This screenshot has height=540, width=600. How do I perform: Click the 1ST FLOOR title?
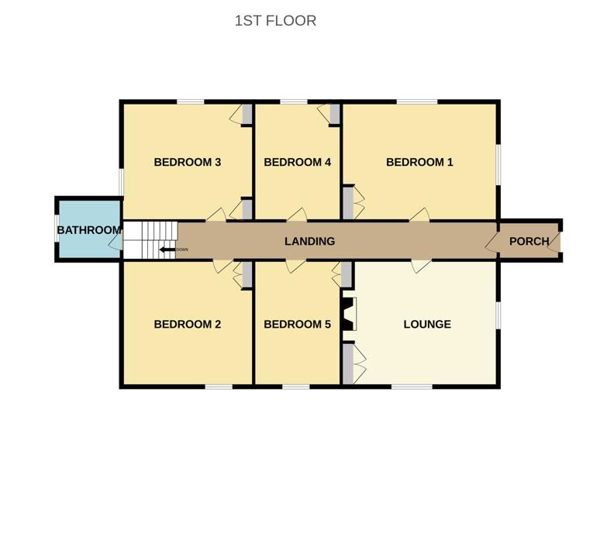275,21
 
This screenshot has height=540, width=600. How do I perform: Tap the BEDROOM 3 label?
188,162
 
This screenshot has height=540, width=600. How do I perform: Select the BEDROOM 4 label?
298,162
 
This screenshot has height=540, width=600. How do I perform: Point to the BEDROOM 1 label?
419,162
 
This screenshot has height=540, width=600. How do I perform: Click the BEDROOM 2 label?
188,325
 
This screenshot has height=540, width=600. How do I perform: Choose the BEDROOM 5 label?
298,325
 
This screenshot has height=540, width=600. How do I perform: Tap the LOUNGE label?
427,325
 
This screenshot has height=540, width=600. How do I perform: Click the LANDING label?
309,241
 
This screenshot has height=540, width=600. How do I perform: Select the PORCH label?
529,241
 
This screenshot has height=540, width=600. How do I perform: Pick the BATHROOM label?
89,230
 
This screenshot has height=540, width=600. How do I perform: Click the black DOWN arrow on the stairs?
167,249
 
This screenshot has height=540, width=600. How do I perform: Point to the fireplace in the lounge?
350,314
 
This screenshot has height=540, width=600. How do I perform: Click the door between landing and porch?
491,242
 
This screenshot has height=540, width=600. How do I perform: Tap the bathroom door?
116,241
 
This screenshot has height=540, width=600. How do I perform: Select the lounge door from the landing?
421,267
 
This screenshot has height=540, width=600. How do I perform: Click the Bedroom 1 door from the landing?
420,215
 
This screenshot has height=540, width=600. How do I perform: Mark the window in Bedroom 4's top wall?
294,101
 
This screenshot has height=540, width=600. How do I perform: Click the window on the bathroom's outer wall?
57,229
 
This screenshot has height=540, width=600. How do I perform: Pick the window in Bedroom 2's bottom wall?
219,387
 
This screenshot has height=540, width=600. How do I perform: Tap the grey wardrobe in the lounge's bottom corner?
348,363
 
